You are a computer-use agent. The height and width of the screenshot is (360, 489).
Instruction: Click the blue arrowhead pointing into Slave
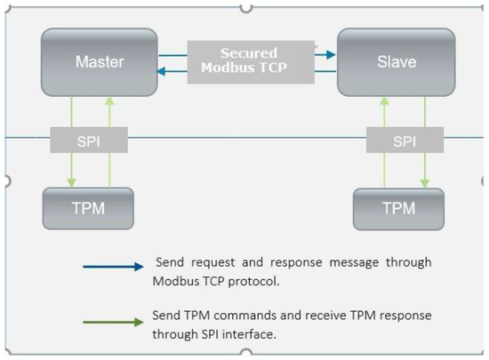click(332, 54)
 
